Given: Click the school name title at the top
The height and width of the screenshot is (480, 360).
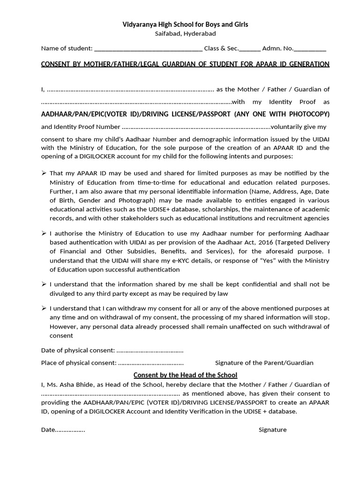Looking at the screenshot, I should [x=185, y=24].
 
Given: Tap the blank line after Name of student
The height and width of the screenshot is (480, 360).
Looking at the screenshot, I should [x=148, y=49].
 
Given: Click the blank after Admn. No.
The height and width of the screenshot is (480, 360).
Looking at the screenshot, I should [x=310, y=49].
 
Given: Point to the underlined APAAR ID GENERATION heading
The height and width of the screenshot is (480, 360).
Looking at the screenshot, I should [x=185, y=64].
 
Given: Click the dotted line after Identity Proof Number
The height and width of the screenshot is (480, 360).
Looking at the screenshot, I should [x=196, y=127].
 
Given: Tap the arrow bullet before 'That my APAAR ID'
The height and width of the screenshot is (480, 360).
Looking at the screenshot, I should [x=44, y=173].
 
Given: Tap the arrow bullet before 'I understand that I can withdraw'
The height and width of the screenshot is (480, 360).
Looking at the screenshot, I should [x=44, y=308].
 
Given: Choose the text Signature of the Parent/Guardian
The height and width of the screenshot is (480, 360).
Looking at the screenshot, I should [x=264, y=363].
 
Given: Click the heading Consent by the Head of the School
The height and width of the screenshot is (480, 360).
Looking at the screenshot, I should [x=185, y=375].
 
